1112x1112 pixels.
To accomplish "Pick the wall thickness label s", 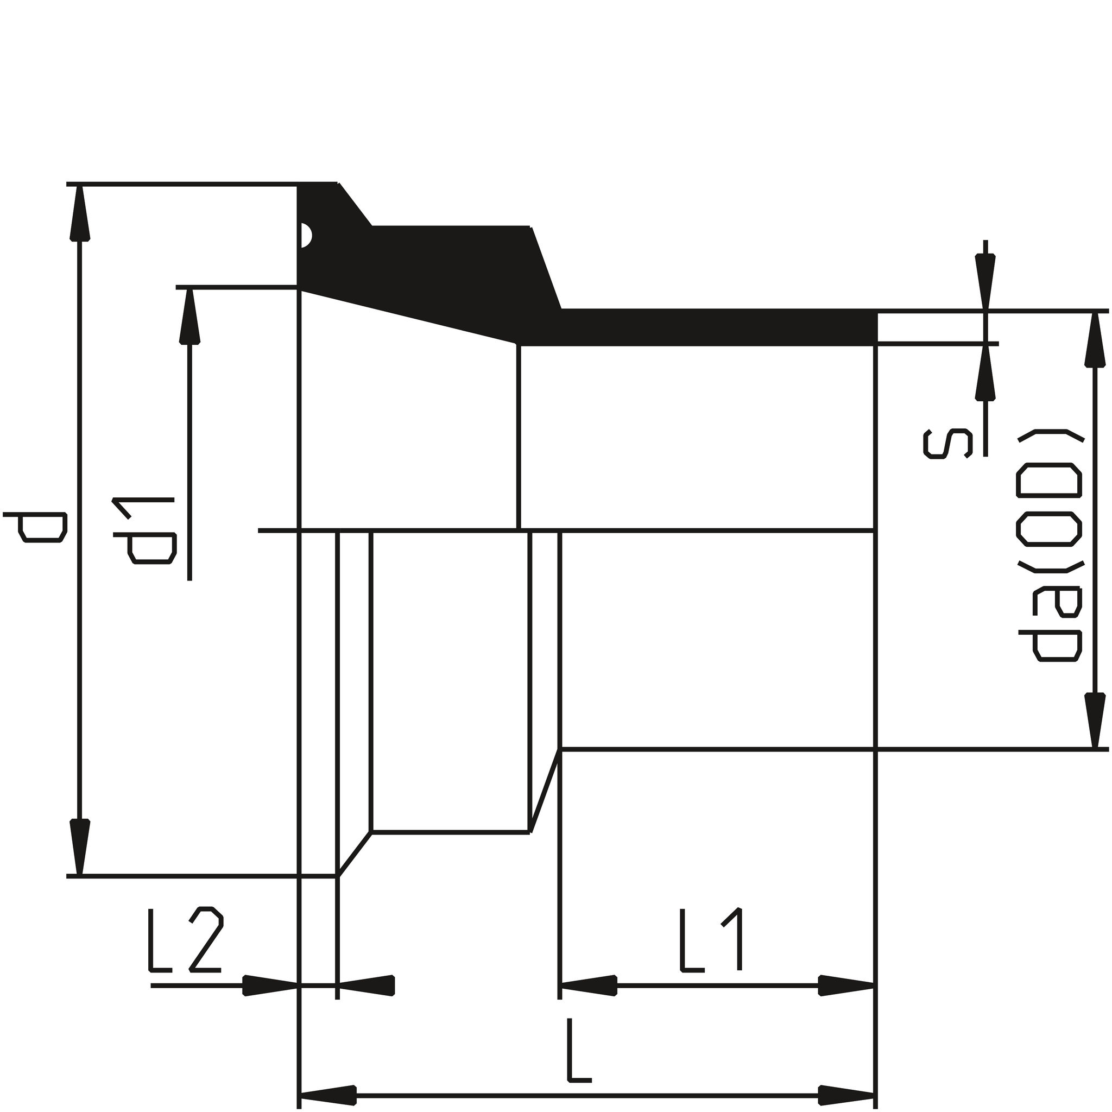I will click(x=947, y=444).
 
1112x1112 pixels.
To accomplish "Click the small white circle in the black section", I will click(x=306, y=236).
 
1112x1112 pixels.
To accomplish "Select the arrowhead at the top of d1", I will click(x=189, y=317).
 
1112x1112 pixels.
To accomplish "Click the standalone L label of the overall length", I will click(x=578, y=1051).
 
